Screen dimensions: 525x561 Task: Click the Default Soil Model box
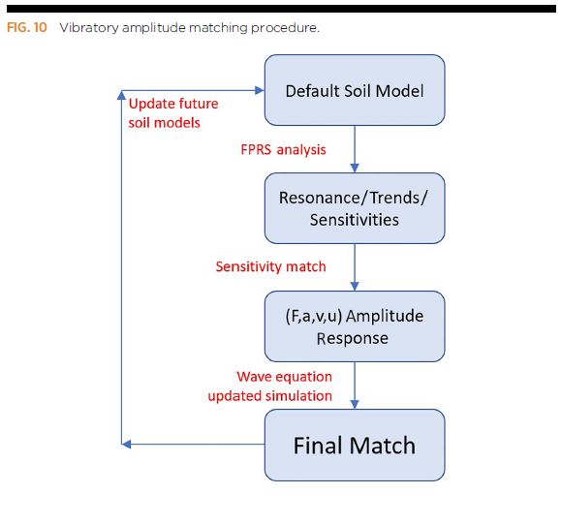[355, 90]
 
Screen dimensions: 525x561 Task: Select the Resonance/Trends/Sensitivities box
[355, 208]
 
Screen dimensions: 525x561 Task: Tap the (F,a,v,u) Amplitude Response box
[355, 326]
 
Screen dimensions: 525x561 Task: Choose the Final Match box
[355, 445]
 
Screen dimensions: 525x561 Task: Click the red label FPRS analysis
[283, 150]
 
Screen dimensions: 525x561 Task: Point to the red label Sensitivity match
[270, 266]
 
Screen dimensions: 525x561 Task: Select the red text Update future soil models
[173, 113]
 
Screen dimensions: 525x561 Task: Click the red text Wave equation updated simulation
[270, 386]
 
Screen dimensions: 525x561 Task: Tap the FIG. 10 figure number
[27, 27]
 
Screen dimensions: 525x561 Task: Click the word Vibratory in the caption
[89, 27]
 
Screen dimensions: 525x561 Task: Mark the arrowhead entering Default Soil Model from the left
[259, 90]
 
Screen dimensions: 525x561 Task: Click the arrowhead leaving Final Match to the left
[127, 445]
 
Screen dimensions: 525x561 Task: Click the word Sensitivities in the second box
[355, 220]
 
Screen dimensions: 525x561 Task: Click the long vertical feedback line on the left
[121, 271]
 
